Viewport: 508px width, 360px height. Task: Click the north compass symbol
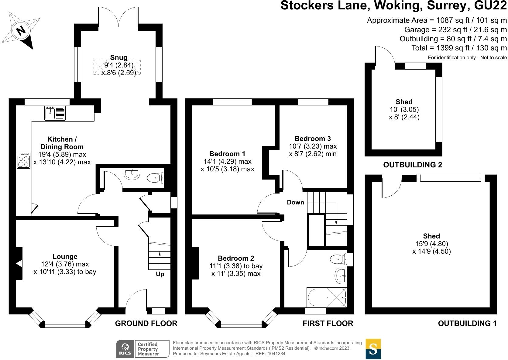(x=21, y=30)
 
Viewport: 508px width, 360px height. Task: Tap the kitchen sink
(x=55, y=113)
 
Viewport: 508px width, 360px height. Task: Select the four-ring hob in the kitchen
(x=24, y=160)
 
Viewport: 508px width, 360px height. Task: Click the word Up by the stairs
(x=160, y=274)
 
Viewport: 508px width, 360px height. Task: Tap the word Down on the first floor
(x=295, y=202)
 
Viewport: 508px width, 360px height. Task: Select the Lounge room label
(x=65, y=257)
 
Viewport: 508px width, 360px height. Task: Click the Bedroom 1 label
(x=227, y=154)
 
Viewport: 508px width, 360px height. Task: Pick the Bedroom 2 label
(x=236, y=258)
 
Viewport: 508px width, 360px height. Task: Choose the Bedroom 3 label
(x=313, y=139)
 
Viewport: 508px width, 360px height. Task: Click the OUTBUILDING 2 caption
(x=412, y=165)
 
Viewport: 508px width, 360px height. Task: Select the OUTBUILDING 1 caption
(x=467, y=324)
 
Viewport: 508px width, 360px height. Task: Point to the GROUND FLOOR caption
(x=146, y=324)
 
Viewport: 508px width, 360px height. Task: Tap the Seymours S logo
(x=373, y=349)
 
